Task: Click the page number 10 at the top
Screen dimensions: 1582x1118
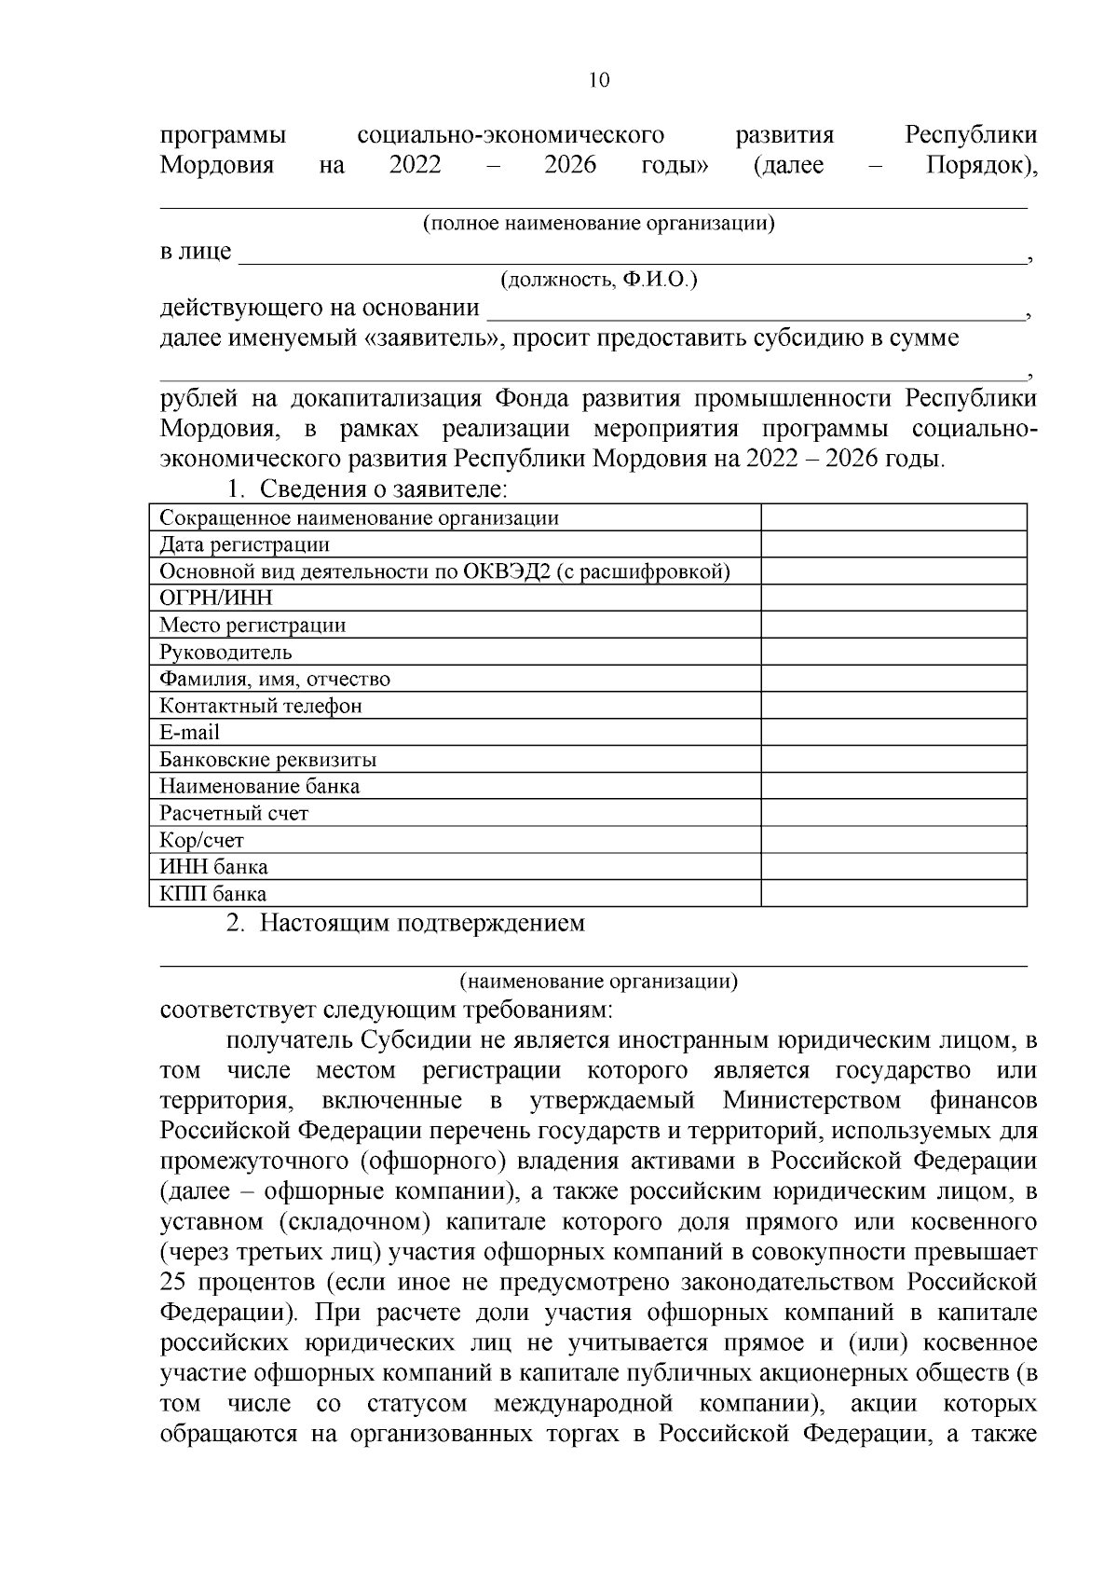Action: coord(599,80)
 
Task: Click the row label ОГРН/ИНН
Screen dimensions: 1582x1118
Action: coord(216,598)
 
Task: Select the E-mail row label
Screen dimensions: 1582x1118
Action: coord(190,733)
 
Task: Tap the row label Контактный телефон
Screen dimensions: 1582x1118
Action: coord(261,706)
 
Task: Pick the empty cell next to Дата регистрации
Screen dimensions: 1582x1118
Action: coord(893,544)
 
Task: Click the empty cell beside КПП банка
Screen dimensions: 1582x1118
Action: coord(893,894)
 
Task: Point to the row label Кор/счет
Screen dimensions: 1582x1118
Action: coord(201,840)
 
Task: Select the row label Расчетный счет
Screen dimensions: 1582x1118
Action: coord(234,813)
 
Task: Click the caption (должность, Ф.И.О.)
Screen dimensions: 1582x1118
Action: coord(599,281)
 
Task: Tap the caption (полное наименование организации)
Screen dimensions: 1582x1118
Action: coord(599,225)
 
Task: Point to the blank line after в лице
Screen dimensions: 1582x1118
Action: coord(629,257)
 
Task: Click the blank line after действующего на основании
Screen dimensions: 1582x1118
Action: coord(755,312)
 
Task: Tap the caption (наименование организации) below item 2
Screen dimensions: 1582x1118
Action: coord(599,981)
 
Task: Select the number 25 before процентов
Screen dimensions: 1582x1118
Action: coord(173,1283)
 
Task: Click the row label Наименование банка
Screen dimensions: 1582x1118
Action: coord(260,786)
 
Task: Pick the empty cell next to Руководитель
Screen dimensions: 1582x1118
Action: coord(893,652)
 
